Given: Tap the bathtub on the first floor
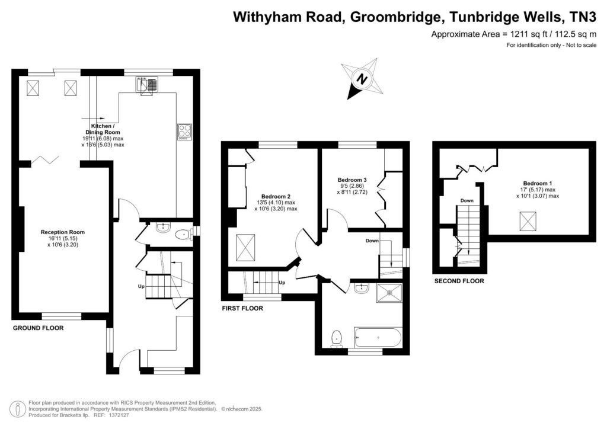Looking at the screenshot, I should point(378,338).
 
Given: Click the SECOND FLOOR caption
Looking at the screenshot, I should point(459,281).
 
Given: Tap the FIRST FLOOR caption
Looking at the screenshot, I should point(242,308).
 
